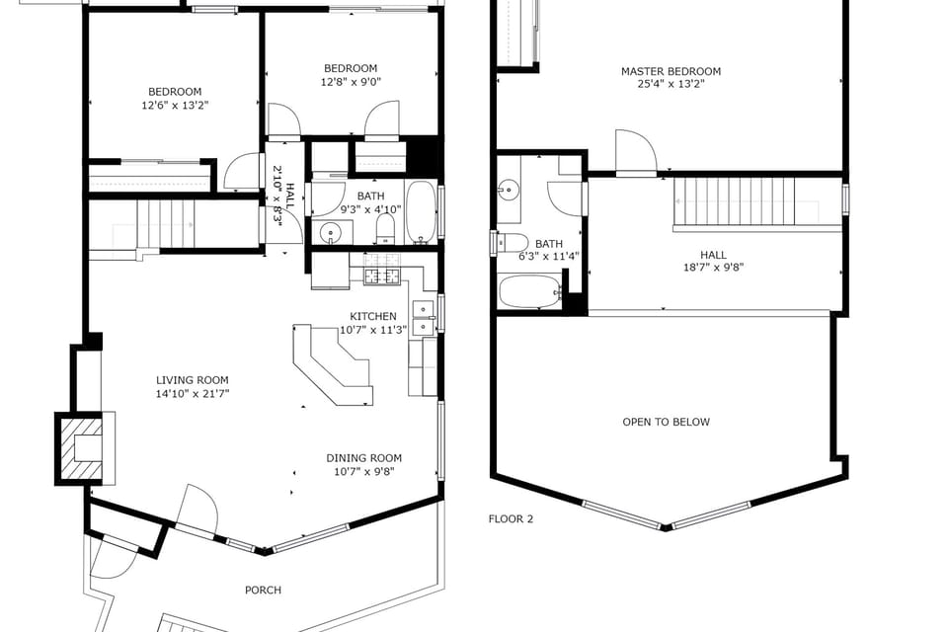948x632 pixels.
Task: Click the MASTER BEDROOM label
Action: point(671,71)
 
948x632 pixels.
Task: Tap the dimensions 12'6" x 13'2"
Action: point(174,104)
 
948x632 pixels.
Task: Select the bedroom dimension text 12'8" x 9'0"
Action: point(351,82)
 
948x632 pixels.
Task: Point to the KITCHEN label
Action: point(373,316)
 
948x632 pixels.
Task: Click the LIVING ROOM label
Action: point(193,380)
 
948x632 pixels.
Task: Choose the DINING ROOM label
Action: point(364,458)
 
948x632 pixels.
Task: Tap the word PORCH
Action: point(263,590)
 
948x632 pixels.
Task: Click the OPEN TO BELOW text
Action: point(666,422)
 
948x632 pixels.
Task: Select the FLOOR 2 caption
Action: point(511,518)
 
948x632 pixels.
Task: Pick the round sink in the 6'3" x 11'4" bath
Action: point(509,189)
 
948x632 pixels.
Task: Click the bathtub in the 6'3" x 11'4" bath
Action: point(529,291)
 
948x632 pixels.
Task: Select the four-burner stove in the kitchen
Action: point(381,276)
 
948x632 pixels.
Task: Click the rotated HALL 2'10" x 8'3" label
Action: point(283,197)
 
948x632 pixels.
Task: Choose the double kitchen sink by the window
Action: point(423,316)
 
